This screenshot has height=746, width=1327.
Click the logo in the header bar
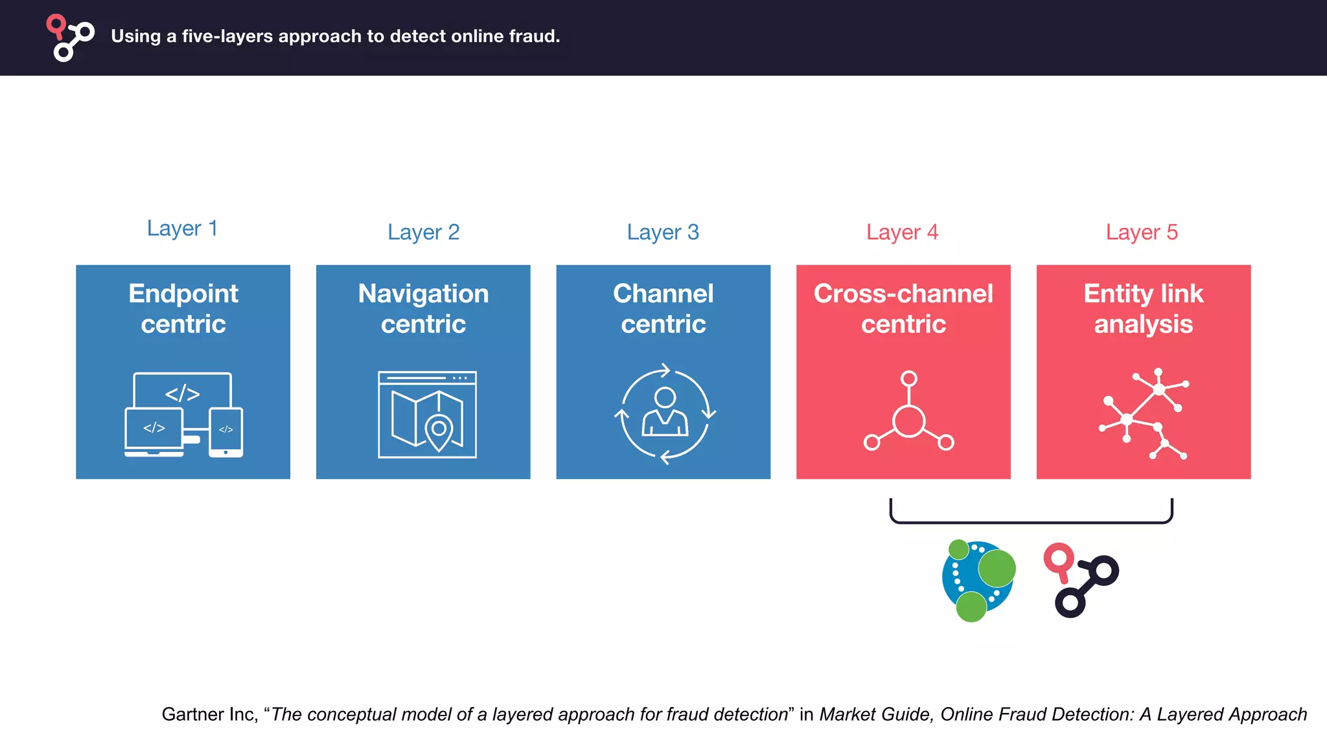tap(70, 38)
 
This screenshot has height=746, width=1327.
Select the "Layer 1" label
tap(182, 229)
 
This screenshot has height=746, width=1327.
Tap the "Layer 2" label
tap(423, 232)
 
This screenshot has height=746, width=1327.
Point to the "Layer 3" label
tap(663, 232)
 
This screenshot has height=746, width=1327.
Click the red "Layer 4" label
tap(902, 232)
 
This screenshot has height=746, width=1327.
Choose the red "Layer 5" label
tap(1142, 232)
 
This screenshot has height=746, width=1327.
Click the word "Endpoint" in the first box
tap(183, 294)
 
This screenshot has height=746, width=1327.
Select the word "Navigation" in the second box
tap(423, 294)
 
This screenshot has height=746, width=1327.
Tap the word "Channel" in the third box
tap(663, 294)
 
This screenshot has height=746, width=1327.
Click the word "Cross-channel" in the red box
tap(903, 294)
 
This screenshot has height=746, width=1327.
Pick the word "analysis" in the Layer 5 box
tap(1143, 324)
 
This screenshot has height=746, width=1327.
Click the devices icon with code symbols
tap(183, 415)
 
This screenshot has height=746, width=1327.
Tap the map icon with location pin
tap(427, 415)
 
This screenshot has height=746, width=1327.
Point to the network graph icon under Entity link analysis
tap(1144, 414)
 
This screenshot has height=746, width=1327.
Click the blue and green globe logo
tap(978, 580)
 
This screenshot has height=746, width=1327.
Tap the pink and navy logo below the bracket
tap(1081, 580)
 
